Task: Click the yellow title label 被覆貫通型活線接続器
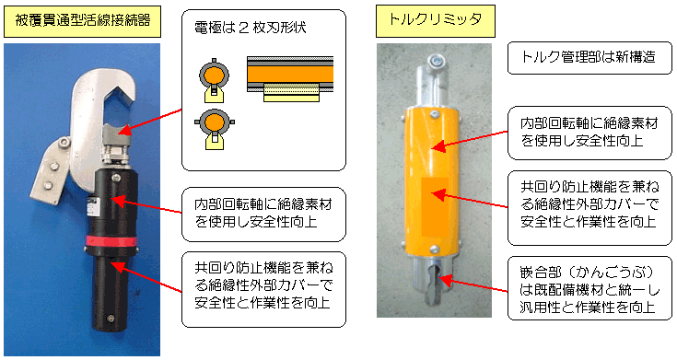coord(82,21)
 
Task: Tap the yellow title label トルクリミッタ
coord(435,21)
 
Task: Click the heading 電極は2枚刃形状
coord(251,28)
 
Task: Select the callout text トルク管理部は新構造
coord(589,57)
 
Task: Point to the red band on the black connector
coord(111,241)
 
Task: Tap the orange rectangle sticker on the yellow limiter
coord(434,206)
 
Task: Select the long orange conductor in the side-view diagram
coord(290,75)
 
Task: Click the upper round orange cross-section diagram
coord(214,76)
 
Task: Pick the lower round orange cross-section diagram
coord(214,124)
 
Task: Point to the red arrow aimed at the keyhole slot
coord(473,285)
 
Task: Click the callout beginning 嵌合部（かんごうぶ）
coord(589,289)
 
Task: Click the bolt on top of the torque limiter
coord(436,60)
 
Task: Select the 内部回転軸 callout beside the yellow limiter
coord(589,133)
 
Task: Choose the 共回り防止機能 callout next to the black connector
coord(263,285)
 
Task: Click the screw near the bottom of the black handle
coord(111,319)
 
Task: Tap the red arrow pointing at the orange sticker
coord(470,201)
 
